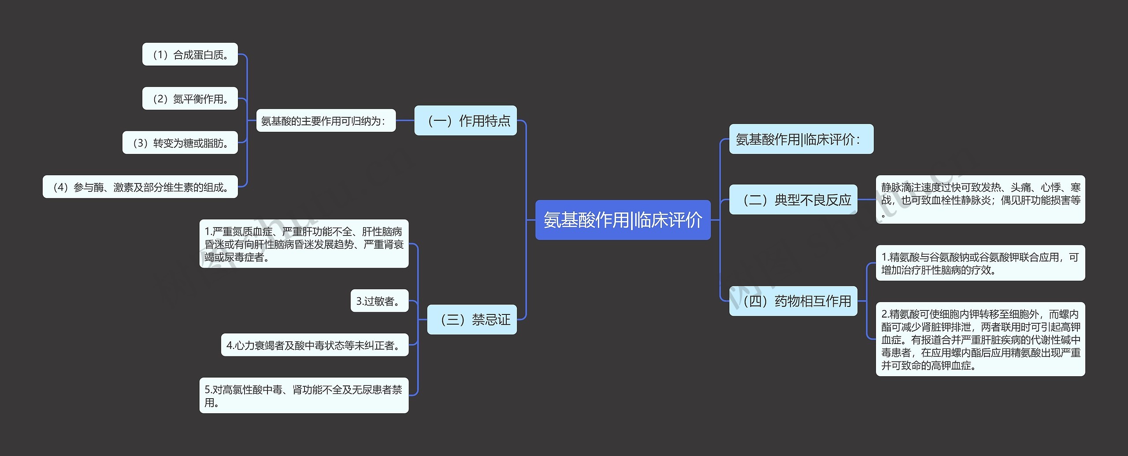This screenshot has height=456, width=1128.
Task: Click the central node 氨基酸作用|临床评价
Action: (x=623, y=220)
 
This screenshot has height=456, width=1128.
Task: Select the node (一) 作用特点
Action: (x=465, y=120)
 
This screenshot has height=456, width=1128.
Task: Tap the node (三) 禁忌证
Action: (x=472, y=319)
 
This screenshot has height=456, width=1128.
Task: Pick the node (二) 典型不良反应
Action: (x=793, y=200)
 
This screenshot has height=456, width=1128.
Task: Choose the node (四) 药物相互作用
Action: (x=793, y=301)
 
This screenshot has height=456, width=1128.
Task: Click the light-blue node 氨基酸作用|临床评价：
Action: (x=801, y=139)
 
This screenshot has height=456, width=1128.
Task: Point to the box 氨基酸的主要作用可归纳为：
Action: (x=326, y=121)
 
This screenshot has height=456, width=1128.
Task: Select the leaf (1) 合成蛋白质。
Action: (x=190, y=55)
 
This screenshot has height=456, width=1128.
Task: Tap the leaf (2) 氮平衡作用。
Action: (x=190, y=99)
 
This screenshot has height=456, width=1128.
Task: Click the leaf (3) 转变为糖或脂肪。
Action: (x=180, y=143)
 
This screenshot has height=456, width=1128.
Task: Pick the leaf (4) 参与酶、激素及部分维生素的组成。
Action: (x=140, y=187)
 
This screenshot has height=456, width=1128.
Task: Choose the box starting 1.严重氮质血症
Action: (x=304, y=244)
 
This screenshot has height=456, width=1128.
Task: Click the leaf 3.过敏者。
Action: (x=379, y=301)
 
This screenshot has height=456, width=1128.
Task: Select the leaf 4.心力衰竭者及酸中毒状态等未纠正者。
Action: (x=315, y=345)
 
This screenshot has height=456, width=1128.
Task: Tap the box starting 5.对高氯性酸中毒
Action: (x=304, y=396)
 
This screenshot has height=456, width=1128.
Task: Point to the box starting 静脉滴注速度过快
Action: (x=980, y=200)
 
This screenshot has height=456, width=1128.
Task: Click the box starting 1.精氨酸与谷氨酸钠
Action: (x=980, y=263)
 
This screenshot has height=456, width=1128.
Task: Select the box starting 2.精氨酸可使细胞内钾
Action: (x=980, y=339)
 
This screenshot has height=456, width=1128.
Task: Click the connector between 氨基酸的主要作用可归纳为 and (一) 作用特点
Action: (x=405, y=120)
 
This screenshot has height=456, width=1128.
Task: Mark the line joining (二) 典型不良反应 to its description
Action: (x=866, y=200)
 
